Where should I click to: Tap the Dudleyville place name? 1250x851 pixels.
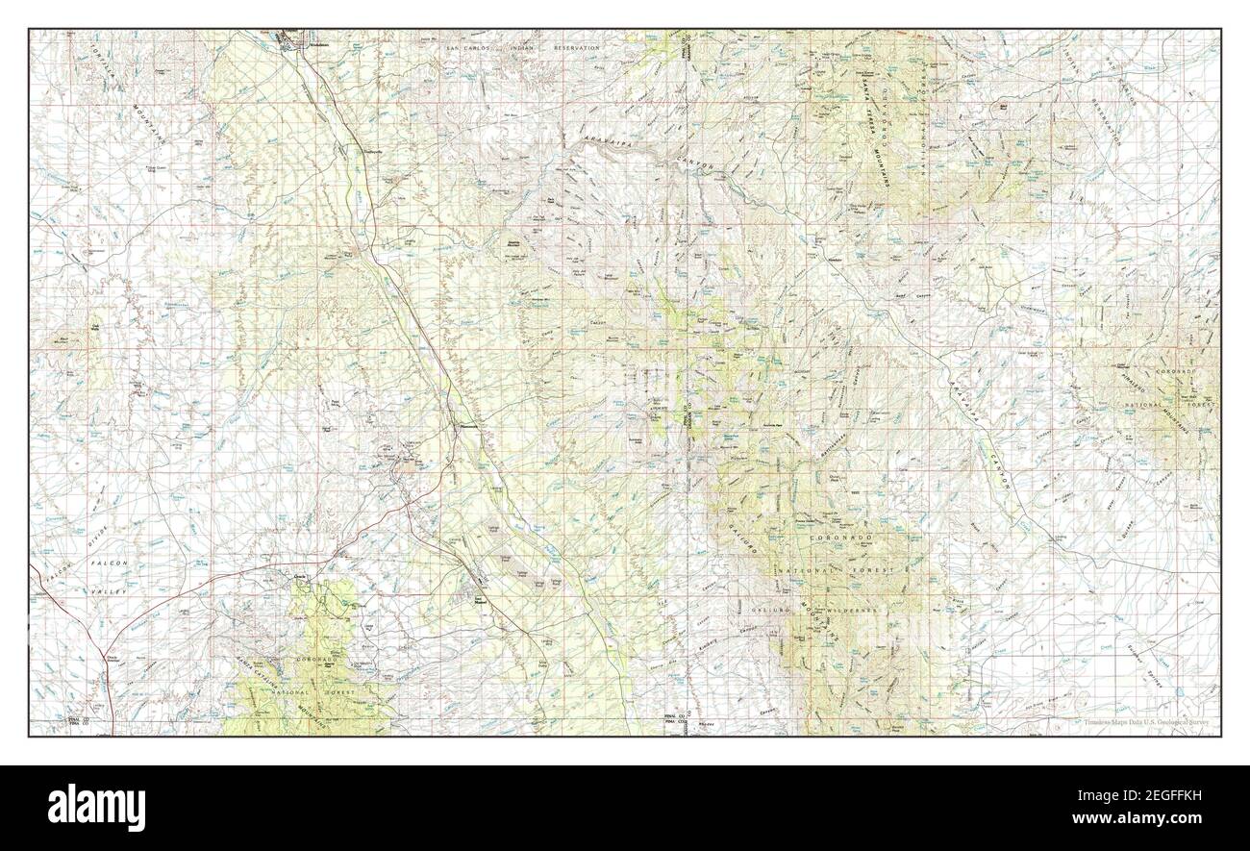point(372,151)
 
